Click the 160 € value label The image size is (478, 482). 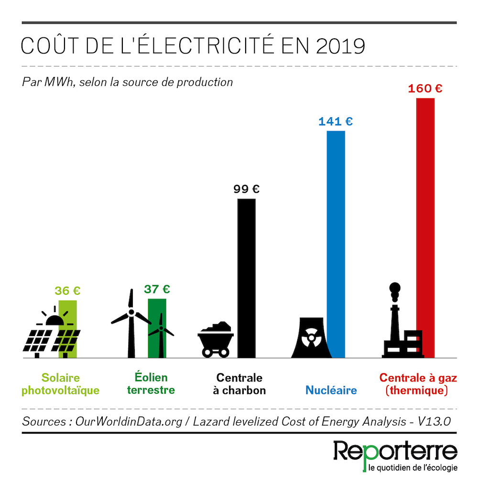425,89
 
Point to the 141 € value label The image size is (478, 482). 336,122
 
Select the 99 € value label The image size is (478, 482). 247,189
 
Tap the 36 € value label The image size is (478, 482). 67,291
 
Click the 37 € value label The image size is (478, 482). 157,289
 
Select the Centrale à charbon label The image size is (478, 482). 239,384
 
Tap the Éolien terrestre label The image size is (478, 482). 151,384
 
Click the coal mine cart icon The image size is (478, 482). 215,339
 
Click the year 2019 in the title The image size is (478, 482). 340,46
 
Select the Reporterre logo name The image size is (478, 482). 395,451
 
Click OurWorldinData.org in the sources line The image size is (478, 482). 113,422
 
